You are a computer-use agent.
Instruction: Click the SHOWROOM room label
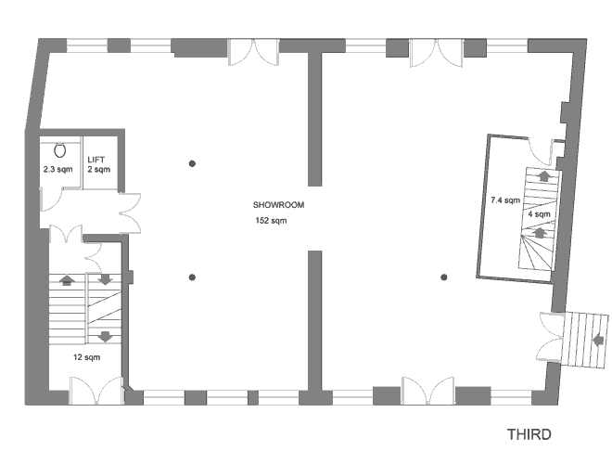[278, 205]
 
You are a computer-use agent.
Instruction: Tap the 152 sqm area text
[271, 221]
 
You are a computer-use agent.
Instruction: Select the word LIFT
[96, 160]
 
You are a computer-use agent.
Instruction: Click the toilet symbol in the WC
[59, 150]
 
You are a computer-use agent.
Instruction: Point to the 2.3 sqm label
[57, 170]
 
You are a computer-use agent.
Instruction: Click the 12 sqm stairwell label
[86, 357]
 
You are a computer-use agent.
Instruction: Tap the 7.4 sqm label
[505, 200]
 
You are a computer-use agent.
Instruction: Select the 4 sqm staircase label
[539, 214]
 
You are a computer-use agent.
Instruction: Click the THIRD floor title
[529, 434]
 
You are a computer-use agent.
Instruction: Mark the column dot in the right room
[444, 277]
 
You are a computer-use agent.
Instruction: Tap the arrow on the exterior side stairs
[597, 341]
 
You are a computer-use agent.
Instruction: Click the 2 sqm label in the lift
[98, 170]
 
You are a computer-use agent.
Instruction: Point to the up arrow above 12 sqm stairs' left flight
[67, 280]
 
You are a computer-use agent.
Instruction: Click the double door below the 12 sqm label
[96, 390]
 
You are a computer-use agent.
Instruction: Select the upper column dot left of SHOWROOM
[192, 163]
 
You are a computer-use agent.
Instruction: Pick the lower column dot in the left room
[192, 277]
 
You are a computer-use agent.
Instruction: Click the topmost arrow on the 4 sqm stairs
[543, 175]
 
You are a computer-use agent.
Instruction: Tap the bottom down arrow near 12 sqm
[105, 336]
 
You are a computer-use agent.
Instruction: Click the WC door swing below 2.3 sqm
[51, 200]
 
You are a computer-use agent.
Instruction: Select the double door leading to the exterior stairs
[551, 337]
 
